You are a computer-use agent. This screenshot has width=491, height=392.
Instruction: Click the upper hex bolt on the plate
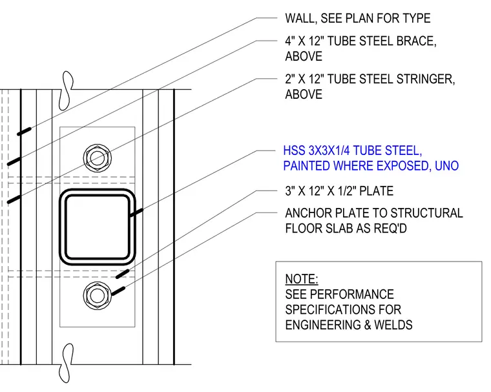point(97,158)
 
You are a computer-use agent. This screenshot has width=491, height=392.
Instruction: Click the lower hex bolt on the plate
point(97,296)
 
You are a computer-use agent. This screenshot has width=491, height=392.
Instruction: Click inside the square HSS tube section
point(98,227)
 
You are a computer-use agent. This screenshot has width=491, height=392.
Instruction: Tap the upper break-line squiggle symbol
point(67,90)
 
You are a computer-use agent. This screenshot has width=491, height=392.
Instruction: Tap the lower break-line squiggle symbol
point(67,363)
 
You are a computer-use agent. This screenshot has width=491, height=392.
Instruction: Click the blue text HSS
point(294,150)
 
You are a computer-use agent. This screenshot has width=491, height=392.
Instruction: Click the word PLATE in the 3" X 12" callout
point(376,191)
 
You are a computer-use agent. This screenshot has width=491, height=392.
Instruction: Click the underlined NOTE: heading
point(302,279)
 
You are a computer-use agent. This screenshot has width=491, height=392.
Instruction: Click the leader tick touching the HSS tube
point(136,213)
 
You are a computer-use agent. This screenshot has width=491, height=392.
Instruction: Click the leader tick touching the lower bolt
point(119,291)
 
